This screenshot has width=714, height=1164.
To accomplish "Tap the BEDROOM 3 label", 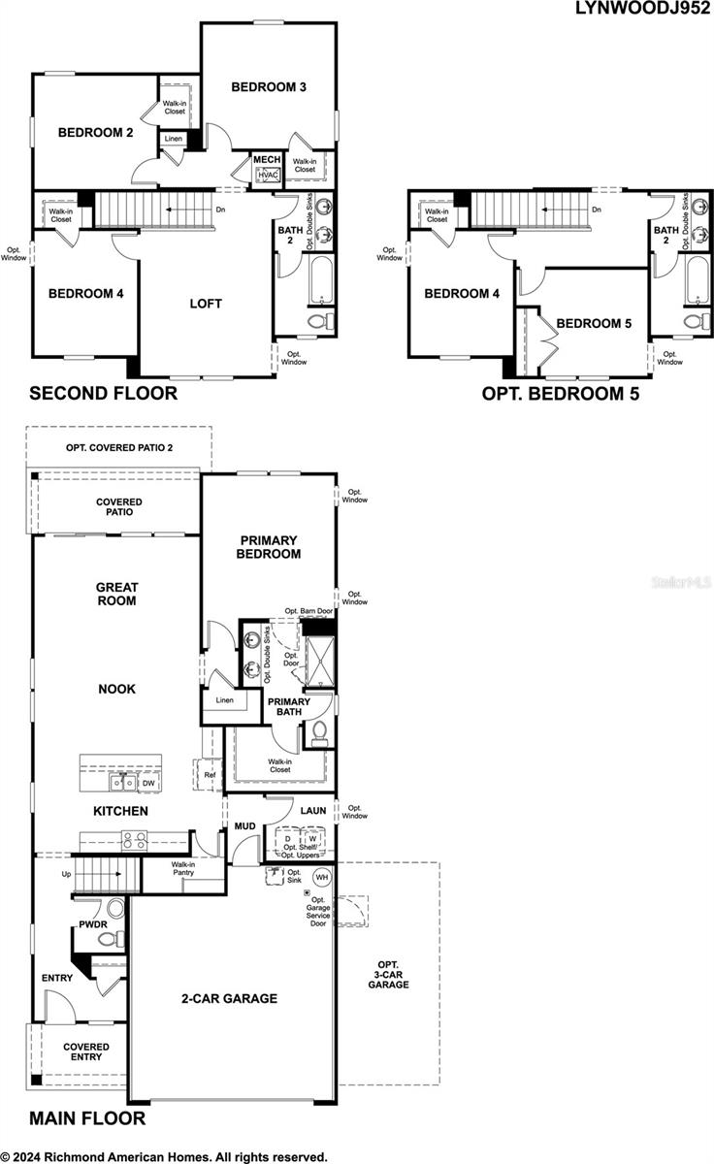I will (269, 87).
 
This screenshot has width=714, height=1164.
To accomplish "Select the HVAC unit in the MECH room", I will (268, 175).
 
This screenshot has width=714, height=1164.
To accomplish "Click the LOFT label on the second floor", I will (206, 304).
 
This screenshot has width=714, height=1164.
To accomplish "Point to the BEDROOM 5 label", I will (594, 323).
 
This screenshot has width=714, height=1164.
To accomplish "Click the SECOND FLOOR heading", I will (103, 393).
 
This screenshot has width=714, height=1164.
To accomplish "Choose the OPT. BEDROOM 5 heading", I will (560, 393).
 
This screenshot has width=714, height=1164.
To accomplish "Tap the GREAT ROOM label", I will (116, 594).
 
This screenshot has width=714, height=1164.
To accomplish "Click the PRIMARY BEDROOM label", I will (268, 547).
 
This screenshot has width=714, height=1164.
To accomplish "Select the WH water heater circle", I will (322, 877).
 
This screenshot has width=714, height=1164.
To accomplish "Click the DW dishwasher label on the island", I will (148, 783).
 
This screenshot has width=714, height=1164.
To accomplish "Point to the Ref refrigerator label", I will (211, 775).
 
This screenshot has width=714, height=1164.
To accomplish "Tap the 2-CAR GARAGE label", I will (228, 998).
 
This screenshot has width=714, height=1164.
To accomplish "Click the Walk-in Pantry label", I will (183, 869).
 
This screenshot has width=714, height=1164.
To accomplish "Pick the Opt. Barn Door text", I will (308, 611).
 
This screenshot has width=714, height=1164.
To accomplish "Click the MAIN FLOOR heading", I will (87, 1118).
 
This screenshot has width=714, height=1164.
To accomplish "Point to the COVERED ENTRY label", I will (86, 1053).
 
